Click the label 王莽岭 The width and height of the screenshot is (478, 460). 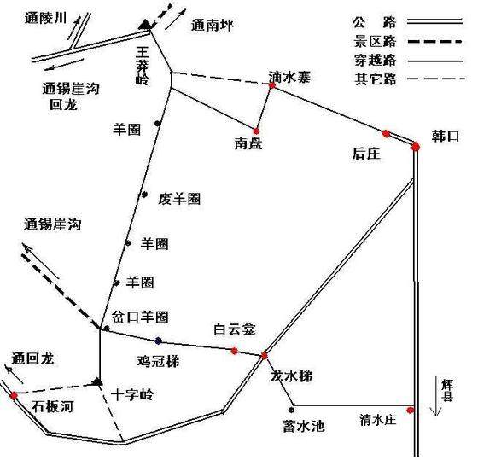pyautogui.click(x=143, y=67)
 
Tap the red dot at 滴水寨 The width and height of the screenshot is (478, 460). pyautogui.click(x=272, y=85)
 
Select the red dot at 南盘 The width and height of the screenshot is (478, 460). pyautogui.click(x=256, y=131)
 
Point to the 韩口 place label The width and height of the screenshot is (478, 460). pyautogui.click(x=445, y=137)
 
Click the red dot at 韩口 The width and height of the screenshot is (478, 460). pyautogui.click(x=415, y=147)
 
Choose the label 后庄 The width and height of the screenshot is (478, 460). pyautogui.click(x=366, y=154)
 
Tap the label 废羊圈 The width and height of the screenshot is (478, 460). pyautogui.click(x=179, y=199)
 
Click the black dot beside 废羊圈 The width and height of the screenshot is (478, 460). pyautogui.click(x=144, y=195)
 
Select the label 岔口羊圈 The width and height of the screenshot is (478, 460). pyautogui.click(x=140, y=317)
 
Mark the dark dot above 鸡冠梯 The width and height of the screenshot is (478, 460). pyautogui.click(x=158, y=341)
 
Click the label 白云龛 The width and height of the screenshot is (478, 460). pyautogui.click(x=234, y=329)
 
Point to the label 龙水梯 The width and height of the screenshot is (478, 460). pyautogui.click(x=291, y=376)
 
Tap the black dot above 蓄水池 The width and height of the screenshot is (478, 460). pyautogui.click(x=291, y=410)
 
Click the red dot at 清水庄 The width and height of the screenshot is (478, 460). pyautogui.click(x=411, y=411)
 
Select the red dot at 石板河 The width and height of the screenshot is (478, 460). pyautogui.click(x=14, y=396)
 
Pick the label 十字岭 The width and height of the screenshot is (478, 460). pyautogui.click(x=132, y=395)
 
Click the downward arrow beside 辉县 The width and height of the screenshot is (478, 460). pyautogui.click(x=436, y=397)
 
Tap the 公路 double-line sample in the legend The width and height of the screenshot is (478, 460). pyautogui.click(x=435, y=21)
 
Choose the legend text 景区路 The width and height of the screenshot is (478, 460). pyautogui.click(x=375, y=42)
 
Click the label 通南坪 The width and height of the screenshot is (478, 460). pyautogui.click(x=213, y=25)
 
